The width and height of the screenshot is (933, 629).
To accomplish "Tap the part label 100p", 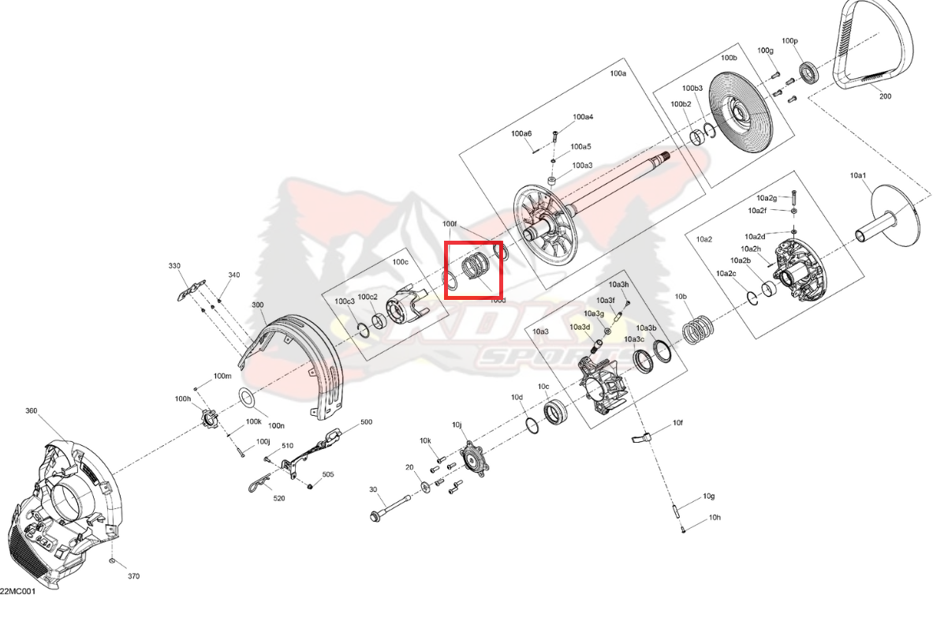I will pos(789,40).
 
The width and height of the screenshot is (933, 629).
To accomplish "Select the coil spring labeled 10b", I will pos(696,329).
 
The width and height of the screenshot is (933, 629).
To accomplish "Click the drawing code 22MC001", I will pos(17,592).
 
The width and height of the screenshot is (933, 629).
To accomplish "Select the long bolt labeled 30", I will pos(391,508).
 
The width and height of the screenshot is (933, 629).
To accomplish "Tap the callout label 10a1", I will pos(857,174).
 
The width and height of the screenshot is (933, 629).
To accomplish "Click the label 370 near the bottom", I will pos(133,576).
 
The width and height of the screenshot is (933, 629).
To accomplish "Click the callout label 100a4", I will pos(583,117).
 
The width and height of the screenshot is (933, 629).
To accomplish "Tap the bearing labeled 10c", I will pos(556,413).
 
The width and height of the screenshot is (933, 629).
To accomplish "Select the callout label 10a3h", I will pos(618,284).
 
